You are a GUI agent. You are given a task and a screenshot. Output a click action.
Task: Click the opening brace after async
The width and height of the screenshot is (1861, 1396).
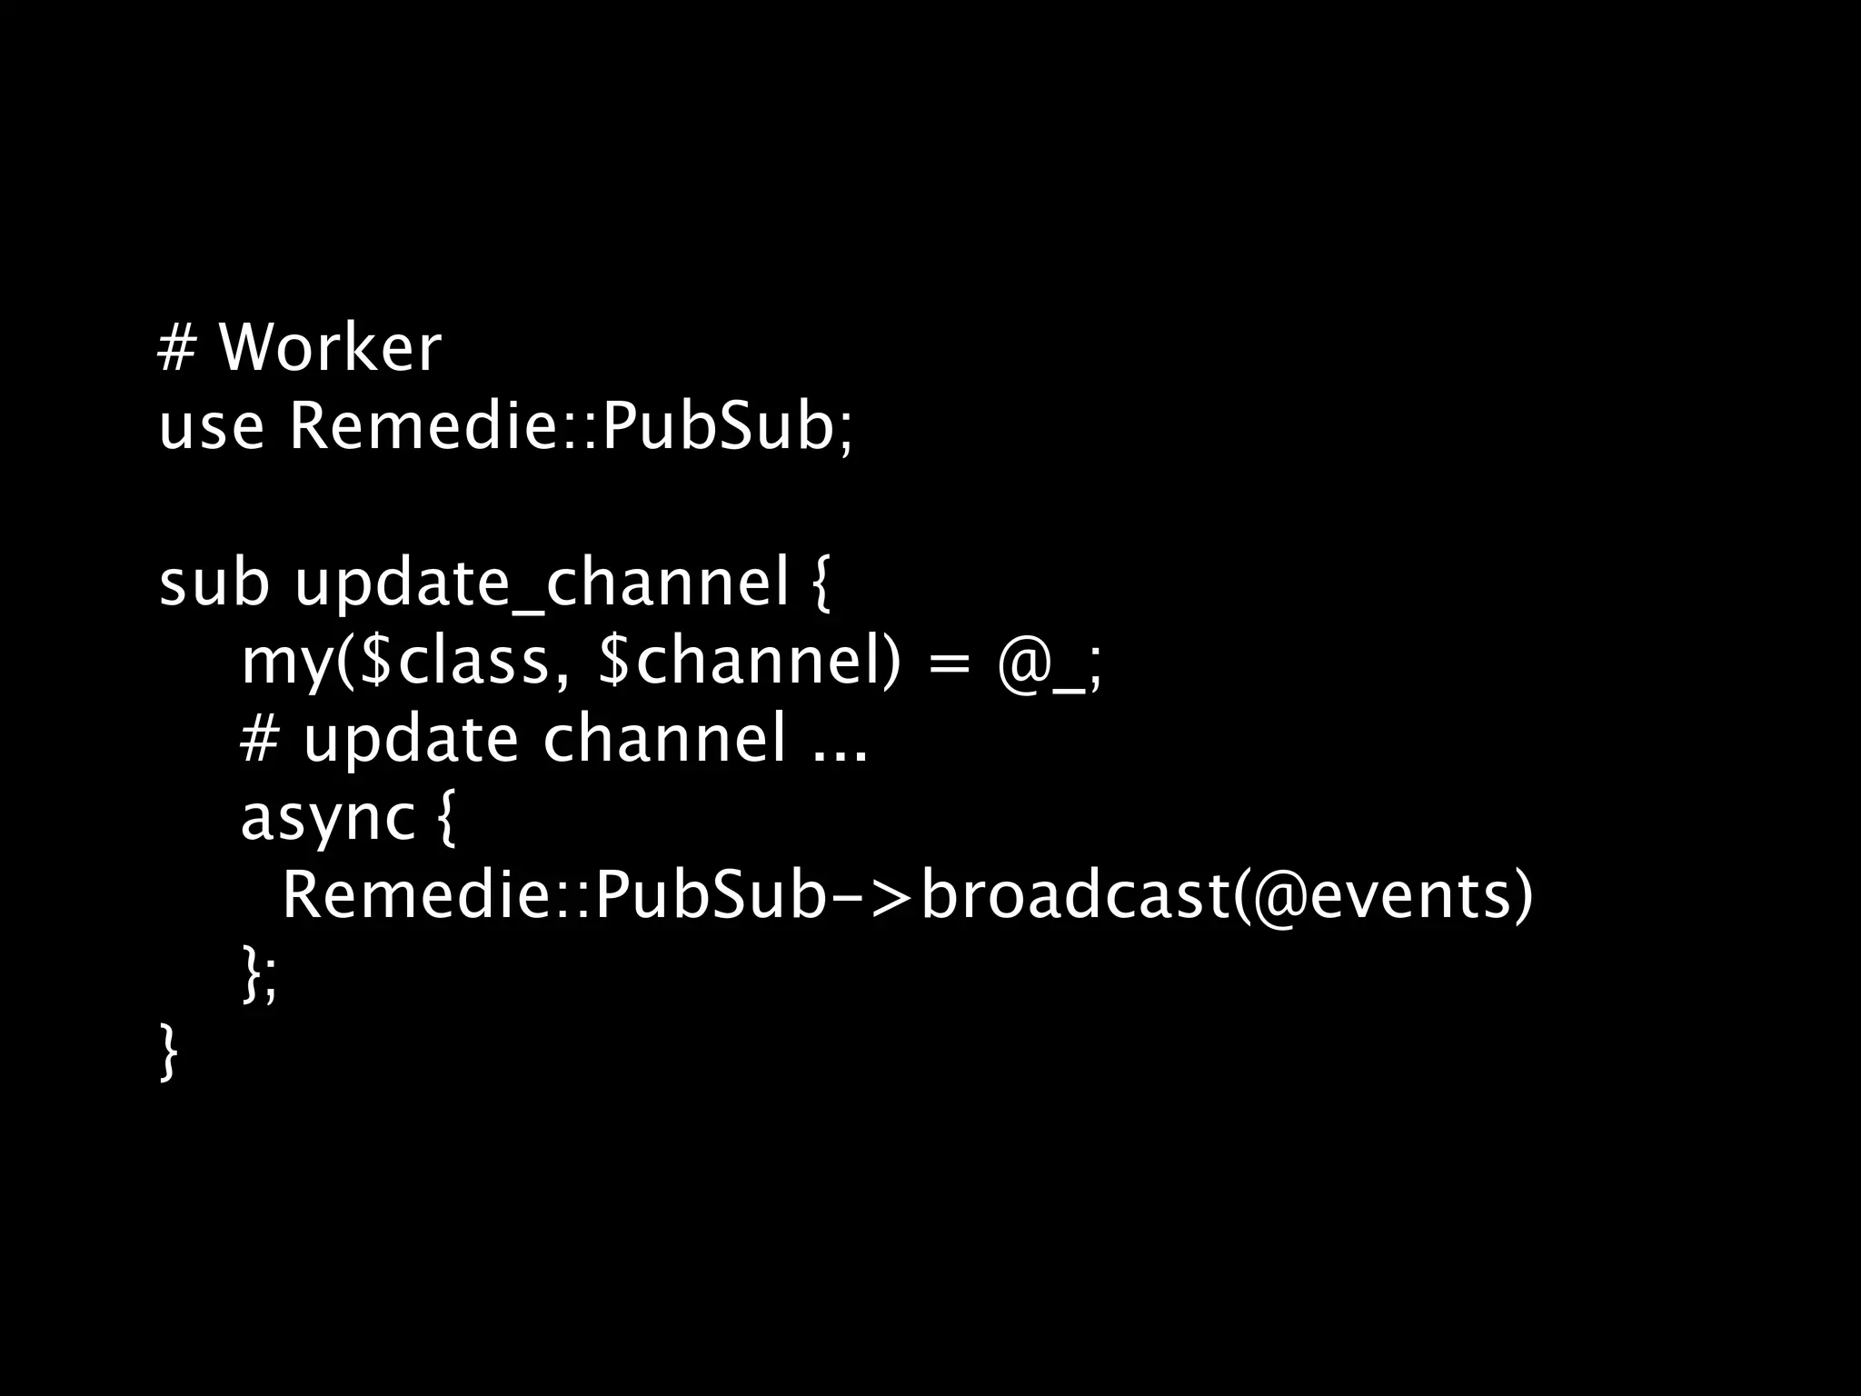(443, 820)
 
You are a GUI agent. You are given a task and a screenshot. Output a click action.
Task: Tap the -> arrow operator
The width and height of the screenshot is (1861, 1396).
(871, 897)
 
